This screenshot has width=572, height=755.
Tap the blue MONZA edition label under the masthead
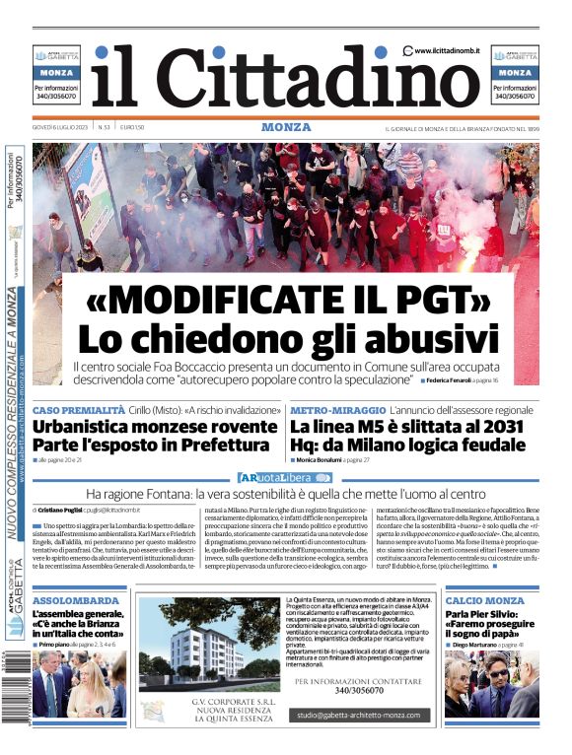coord(286,127)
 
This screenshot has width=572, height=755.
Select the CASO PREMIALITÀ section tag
coord(78,409)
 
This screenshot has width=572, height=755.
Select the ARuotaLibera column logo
coord(285,477)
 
